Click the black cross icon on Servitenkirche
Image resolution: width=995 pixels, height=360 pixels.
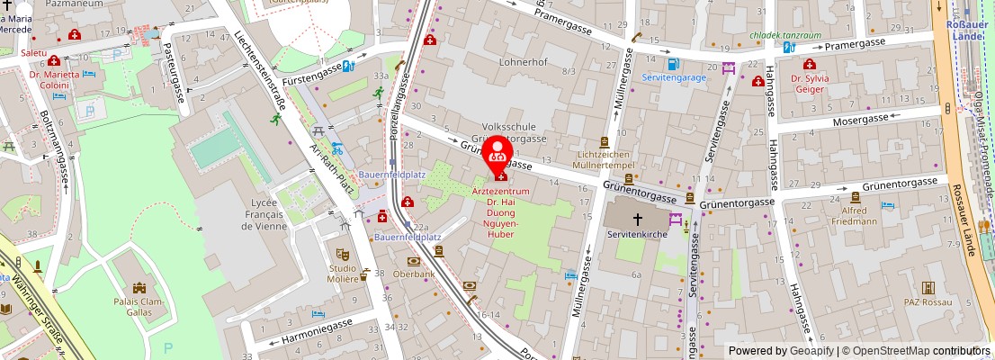click(638, 219)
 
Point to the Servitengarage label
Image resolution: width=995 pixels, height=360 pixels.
click(674, 77)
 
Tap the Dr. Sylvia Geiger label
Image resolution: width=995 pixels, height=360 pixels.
click(809, 84)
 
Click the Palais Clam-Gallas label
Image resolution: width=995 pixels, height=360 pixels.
click(139, 308)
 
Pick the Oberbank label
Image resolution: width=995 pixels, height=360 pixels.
click(414, 274)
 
